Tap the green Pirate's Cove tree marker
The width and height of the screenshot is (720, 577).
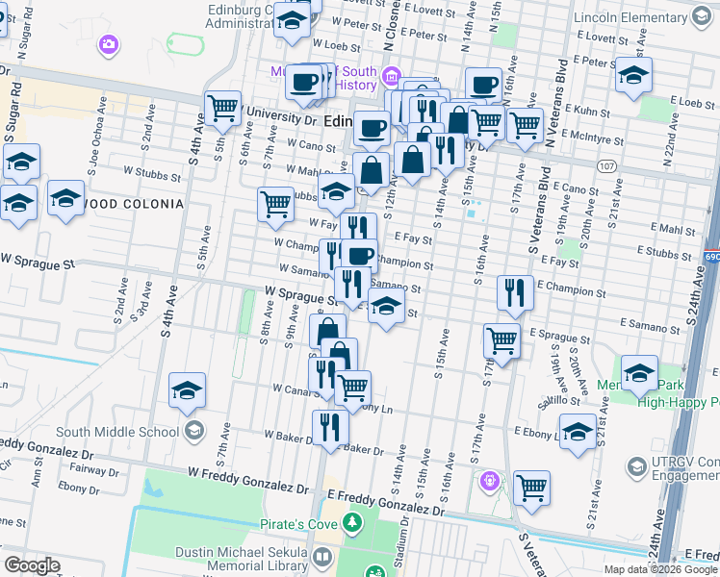(x=353, y=523)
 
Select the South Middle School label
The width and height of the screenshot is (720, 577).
(x=122, y=431)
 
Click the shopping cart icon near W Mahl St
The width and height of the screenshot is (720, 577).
(x=275, y=203)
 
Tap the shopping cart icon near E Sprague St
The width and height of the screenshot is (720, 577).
(x=501, y=339)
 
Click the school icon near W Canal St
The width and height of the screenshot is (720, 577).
(x=187, y=389)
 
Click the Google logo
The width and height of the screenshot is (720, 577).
(x=32, y=565)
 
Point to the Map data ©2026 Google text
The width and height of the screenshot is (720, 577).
(x=659, y=569)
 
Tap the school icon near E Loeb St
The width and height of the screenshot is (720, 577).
(x=633, y=75)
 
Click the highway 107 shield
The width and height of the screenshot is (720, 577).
(x=605, y=166)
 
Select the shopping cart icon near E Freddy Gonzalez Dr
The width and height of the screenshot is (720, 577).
(x=530, y=487)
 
